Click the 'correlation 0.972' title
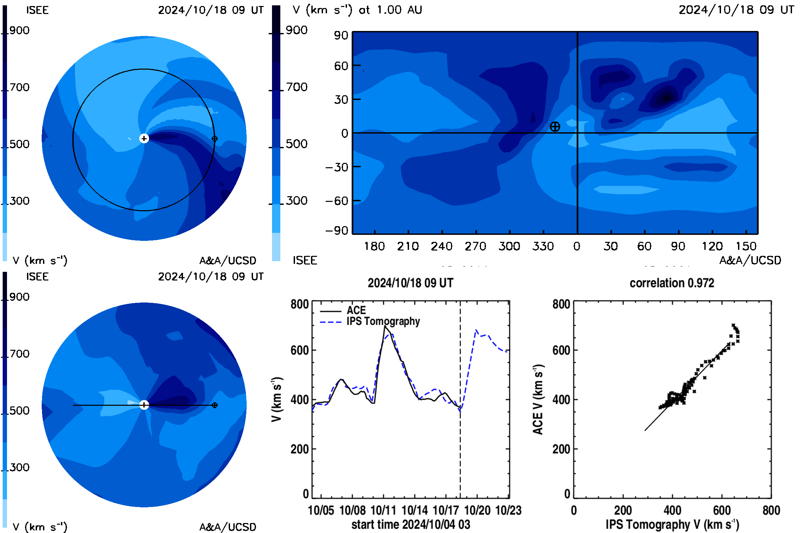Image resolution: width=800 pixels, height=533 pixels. tap(672, 283)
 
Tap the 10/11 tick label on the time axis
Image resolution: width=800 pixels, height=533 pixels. tap(383, 510)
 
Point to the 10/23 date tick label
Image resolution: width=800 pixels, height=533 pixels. tap(509, 510)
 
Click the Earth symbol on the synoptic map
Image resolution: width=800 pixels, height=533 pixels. tap(555, 127)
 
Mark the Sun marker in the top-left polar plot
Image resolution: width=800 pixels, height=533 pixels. tap(144, 138)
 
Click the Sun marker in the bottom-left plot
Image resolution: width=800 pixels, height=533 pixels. tap(144, 405)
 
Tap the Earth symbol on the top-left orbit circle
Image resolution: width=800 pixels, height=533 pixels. tap(215, 139)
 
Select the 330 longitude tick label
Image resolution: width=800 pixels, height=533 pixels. tap(543, 246)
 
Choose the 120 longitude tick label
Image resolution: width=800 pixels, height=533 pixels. tap(712, 246)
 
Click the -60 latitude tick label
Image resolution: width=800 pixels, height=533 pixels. tap(337, 201)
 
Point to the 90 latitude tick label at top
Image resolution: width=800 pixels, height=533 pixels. tap(341, 35)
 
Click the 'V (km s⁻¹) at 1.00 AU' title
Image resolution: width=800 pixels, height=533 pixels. tap(357, 10)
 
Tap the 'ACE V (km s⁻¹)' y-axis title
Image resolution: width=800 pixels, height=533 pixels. tap(538, 399)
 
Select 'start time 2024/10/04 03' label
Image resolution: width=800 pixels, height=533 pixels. tap(411, 524)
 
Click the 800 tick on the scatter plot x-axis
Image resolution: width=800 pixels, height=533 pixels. tap(771, 510)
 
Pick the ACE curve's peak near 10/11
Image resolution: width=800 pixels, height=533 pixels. tap(385, 326)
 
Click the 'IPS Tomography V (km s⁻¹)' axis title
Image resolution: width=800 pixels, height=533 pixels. tap(672, 524)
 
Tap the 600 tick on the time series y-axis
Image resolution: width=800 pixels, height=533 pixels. tap(300, 350)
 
